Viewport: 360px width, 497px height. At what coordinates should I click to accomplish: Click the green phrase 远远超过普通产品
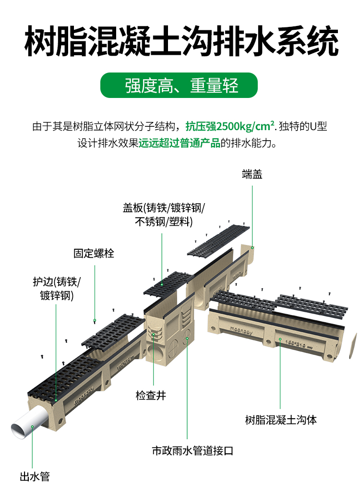(179, 143)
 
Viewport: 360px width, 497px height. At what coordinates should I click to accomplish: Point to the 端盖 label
(252, 175)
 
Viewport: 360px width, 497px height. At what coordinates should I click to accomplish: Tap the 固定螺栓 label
(94, 253)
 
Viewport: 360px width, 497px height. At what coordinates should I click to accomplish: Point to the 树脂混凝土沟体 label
(281, 420)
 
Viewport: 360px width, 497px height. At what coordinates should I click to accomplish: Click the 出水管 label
(35, 477)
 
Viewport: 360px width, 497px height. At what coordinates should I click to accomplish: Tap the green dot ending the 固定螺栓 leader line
(95, 320)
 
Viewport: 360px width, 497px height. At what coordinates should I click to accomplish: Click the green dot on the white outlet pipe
(32, 426)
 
